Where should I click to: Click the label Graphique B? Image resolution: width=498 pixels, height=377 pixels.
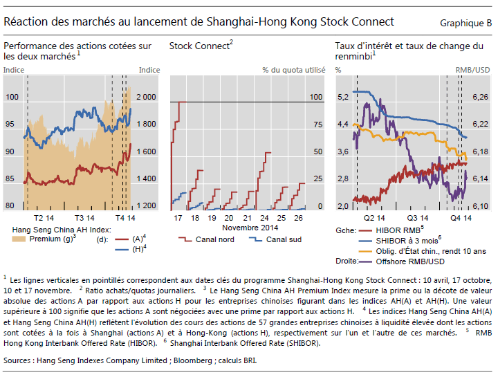pyautogui.click(x=465, y=24)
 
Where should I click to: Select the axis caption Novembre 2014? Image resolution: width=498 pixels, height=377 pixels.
pyautogui.click(x=250, y=227)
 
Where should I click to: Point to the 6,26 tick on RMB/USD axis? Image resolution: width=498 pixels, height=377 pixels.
pyautogui.click(x=479, y=97)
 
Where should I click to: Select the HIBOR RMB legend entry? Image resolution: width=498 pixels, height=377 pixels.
pyautogui.click(x=398, y=230)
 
